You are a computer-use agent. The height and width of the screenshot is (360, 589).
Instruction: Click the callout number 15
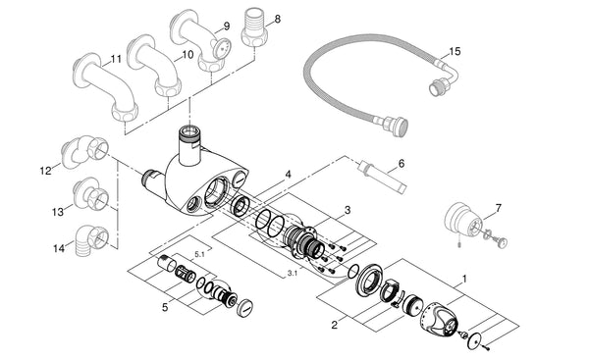point(454,51)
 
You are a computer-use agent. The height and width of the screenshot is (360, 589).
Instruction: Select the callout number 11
point(116,59)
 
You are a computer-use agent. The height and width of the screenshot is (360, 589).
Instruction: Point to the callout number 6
point(402,164)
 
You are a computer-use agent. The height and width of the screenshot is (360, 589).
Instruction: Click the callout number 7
point(498,208)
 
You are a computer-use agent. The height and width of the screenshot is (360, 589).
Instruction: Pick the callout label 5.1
point(201,253)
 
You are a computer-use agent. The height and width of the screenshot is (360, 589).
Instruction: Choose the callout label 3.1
point(293,272)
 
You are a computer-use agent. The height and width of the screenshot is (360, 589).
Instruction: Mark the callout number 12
point(45,171)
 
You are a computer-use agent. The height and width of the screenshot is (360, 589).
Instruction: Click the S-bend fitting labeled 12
point(83,150)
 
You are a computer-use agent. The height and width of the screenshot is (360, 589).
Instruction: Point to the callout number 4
point(288,174)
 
